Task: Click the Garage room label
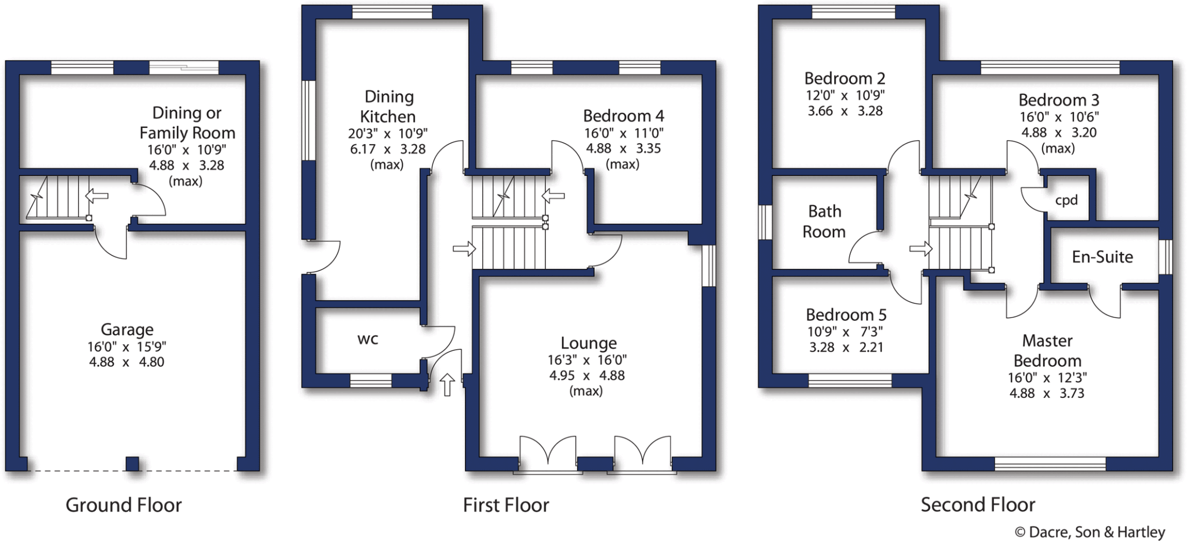127,330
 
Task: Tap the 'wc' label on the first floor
367,339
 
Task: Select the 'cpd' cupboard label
1066,200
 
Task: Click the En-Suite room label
1102,257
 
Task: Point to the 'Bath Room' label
824,221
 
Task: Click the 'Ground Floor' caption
123,505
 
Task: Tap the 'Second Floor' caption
977,505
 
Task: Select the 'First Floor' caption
505,505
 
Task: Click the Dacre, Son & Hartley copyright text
1089,532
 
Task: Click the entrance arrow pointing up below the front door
447,385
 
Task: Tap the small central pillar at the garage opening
133,463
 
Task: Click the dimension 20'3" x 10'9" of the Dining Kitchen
387,133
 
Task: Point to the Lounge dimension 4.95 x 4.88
587,375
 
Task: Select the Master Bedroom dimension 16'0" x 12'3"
1047,378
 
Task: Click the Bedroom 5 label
846,315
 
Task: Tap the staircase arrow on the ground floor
97,196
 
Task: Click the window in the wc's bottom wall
370,381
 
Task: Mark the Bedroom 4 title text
623,116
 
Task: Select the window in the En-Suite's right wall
1165,257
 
